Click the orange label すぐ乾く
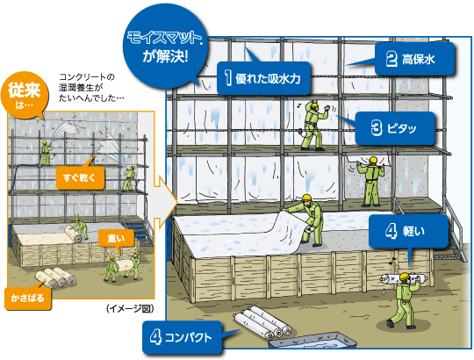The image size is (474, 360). [x=80, y=177]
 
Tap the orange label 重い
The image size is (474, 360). [x=116, y=238]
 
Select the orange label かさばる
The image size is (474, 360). [x=28, y=299]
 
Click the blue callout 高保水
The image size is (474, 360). [x=414, y=59]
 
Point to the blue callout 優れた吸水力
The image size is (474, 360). [x=263, y=79]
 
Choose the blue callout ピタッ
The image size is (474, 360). [x=395, y=128]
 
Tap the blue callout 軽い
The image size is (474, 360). [x=408, y=231]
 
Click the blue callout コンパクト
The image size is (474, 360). [x=182, y=337]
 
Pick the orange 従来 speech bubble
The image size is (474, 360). [x=25, y=95]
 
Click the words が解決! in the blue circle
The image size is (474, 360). [x=165, y=56]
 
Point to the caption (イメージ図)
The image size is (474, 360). [x=130, y=308]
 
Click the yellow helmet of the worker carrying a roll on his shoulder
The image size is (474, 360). [x=404, y=277]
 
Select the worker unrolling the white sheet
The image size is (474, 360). [x=308, y=220]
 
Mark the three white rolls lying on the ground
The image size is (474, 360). [x=262, y=322]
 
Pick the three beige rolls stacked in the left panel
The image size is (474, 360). [x=54, y=277]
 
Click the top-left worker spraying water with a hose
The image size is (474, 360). [x=46, y=153]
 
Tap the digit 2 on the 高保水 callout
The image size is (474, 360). [x=391, y=59]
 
